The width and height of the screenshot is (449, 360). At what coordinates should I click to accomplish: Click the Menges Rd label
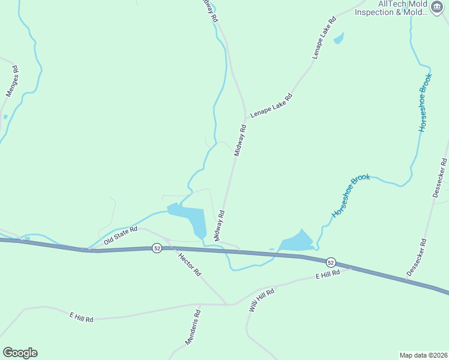click(13, 81)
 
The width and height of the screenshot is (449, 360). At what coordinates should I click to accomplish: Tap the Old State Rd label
click(121, 235)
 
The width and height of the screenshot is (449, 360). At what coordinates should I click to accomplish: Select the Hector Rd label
click(190, 264)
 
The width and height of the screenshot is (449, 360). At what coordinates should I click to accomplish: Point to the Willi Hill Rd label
click(262, 299)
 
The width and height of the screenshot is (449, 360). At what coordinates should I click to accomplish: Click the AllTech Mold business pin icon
click(437, 8)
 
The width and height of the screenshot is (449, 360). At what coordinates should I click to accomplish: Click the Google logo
click(20, 353)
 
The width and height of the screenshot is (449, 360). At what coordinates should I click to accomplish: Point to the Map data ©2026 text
click(423, 355)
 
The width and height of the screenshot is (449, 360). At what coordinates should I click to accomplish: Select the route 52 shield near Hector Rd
click(156, 248)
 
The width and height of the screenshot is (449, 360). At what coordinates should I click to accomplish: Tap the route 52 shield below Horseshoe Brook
click(331, 262)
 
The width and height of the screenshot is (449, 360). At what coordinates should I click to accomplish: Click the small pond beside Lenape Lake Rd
click(339, 38)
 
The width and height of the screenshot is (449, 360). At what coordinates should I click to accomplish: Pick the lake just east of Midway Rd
click(297, 242)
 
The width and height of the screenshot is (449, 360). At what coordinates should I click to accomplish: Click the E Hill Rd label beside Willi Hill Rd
click(328, 275)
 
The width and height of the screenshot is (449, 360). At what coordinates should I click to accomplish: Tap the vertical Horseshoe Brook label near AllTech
click(425, 103)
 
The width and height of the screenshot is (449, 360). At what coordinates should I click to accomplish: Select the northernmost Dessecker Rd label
click(440, 178)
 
